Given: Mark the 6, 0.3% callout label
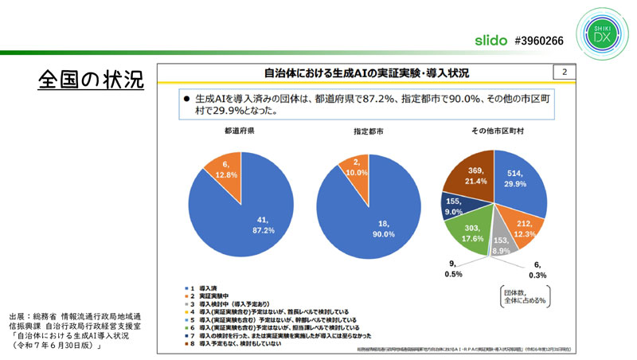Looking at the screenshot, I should (x=539, y=269).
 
